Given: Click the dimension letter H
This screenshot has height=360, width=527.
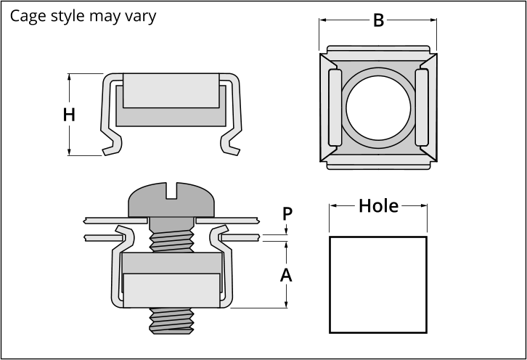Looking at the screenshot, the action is point(69,115).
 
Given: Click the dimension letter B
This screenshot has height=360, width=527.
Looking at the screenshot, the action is point(378,20).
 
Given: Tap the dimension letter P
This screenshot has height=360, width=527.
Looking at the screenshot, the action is point(287,213).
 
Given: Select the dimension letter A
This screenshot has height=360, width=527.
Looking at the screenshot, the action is point(286,275).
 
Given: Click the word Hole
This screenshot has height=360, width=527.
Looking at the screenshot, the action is point(378,205).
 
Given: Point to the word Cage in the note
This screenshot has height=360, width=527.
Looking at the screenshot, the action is point(28,16).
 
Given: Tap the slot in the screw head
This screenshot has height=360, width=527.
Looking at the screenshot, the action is point(171,191).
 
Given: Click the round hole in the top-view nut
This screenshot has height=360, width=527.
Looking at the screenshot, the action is point(378,108).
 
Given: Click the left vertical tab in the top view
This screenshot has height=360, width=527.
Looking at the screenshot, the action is point(335,107).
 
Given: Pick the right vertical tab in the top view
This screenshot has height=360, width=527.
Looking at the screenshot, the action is point(422,107).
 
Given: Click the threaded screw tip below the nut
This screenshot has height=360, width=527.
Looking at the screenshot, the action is point(171,321).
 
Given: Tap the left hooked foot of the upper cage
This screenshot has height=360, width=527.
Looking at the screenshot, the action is point(111,144).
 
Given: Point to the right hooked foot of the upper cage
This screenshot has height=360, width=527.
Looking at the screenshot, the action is point(231,144).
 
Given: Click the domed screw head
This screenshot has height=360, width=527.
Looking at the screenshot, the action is point(171,200).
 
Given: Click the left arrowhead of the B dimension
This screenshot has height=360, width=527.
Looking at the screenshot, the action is point(322,20).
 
